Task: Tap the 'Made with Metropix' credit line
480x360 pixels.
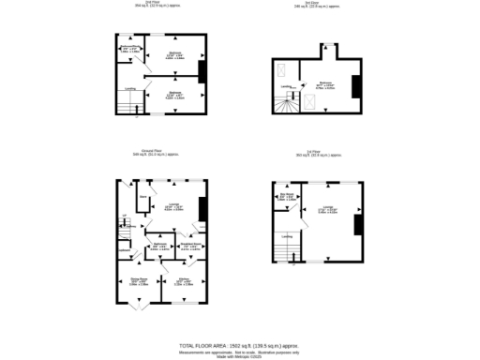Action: [240, 354]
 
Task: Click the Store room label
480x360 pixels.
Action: [143, 198]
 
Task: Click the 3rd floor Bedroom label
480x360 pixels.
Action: [328, 82]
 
